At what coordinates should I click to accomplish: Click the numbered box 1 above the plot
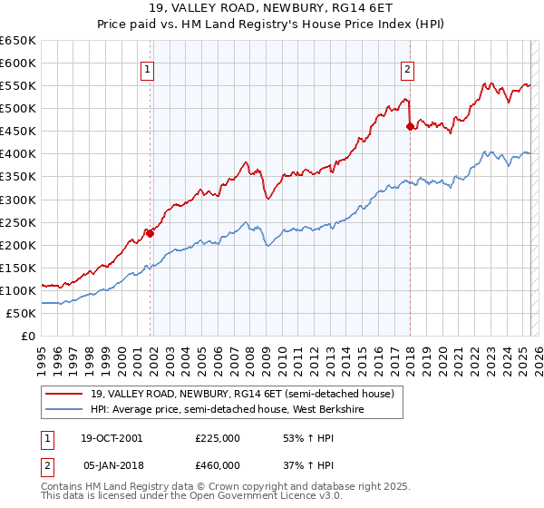pos(147,67)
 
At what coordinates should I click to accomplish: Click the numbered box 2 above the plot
pos(408,67)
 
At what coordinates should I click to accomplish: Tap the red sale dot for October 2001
pos(151,233)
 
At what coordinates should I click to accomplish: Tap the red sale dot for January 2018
pos(410,126)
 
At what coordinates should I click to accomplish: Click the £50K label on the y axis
pos(22,313)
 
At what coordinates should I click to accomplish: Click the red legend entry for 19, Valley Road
pos(241,395)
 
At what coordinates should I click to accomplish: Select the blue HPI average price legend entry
pos(237,409)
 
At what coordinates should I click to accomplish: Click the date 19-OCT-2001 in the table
pos(112,437)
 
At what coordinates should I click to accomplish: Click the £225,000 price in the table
pos(218,437)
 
